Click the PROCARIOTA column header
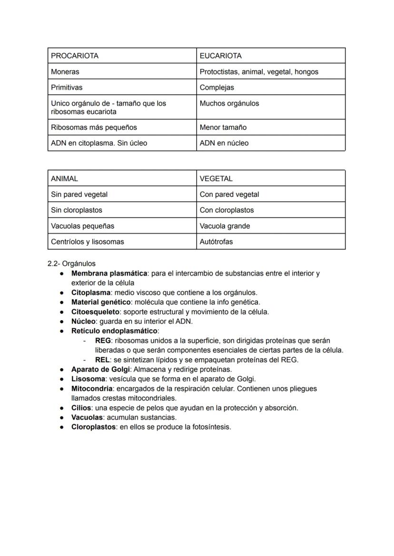[75, 56]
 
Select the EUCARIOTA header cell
[220, 56]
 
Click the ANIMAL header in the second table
[64, 178]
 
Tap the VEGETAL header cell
[216, 178]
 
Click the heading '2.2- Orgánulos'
[71, 263]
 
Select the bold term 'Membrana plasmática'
[109, 273]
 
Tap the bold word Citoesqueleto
[95, 312]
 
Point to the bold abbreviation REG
[103, 341]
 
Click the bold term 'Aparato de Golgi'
[100, 369]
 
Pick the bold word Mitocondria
[92, 389]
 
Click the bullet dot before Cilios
[62, 408]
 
